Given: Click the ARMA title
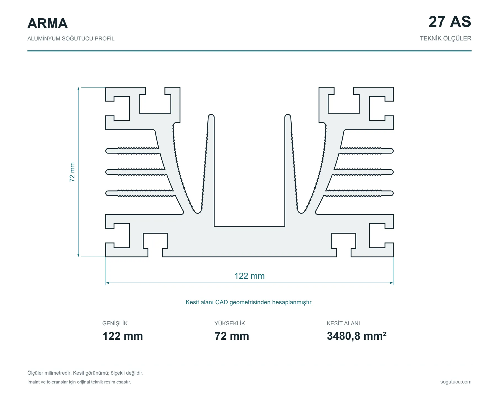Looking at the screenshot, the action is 47,23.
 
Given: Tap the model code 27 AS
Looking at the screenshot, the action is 450,22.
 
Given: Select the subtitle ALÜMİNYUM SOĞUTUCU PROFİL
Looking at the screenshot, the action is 71,39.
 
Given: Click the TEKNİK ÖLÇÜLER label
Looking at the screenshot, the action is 445,38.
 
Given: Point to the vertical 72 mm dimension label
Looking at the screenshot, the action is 72,172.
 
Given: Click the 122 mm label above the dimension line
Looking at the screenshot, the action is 249,276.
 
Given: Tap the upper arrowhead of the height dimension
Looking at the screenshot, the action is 78,89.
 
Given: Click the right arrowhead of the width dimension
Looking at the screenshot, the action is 391,283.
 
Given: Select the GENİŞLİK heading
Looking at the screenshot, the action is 115,323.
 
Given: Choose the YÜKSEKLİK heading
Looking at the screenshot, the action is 230,323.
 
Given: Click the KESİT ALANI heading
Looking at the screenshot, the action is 343,323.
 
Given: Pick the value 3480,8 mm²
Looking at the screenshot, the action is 357,336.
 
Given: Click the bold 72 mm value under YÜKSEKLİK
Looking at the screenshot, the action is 232,336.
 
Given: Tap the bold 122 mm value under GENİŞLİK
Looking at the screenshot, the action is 123,336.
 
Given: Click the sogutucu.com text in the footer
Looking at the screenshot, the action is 456,382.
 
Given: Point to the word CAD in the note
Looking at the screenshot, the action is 222,302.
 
